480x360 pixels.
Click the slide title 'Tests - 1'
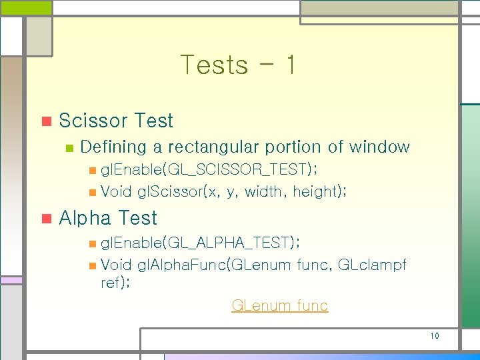point(238,65)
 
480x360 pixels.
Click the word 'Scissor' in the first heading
point(93,121)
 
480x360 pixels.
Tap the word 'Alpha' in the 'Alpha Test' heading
point(85,218)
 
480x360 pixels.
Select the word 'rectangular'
point(213,147)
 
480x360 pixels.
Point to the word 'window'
point(379,147)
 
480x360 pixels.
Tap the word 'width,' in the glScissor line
point(265,192)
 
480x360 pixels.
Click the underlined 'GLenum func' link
point(279,306)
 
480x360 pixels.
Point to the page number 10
point(435,336)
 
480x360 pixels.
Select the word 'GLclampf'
point(373,265)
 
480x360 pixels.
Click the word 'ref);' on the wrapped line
point(115,283)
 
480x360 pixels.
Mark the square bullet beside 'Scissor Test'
point(45,121)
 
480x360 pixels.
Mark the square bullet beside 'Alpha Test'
point(45,219)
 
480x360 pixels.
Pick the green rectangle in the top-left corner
point(25,8)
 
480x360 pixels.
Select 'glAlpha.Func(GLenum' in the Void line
point(214,265)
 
